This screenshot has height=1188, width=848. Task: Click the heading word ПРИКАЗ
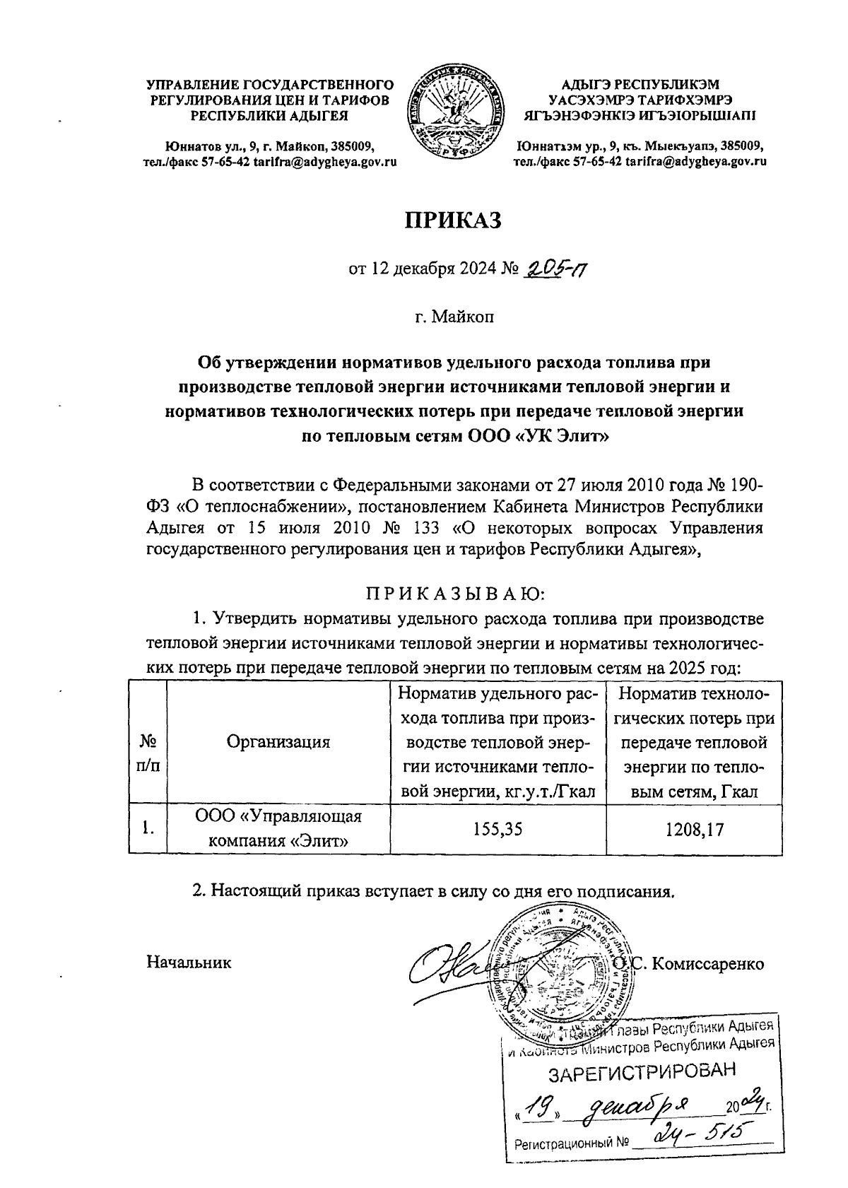[x=452, y=220]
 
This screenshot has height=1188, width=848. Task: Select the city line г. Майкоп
[x=454, y=316]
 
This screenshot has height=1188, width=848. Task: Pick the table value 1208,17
[x=695, y=830]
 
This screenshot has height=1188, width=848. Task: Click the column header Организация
[x=278, y=742]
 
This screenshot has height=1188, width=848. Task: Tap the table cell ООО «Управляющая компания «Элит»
[x=278, y=830]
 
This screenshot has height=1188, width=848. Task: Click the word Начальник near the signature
[x=189, y=963]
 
